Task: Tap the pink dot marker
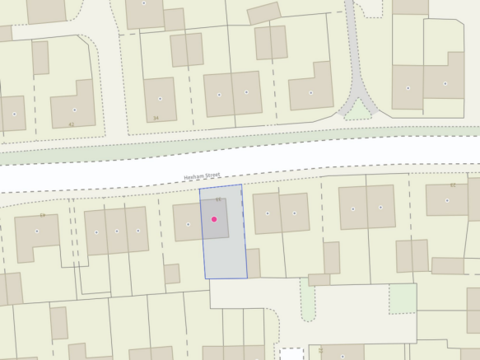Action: click(x=214, y=219)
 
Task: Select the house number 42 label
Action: click(x=71, y=124)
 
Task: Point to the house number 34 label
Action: click(x=156, y=118)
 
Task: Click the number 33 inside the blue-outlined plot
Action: click(x=218, y=199)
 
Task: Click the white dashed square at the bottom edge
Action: click(x=291, y=354)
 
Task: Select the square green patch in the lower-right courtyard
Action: click(x=403, y=297)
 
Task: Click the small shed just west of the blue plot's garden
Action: click(x=171, y=274)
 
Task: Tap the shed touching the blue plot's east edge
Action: click(x=253, y=263)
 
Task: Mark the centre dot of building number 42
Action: click(x=74, y=110)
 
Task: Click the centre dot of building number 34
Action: click(x=161, y=98)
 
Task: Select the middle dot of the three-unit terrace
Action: click(x=117, y=231)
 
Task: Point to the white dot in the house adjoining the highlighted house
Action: click(x=189, y=224)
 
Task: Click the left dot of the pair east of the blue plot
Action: click(x=268, y=214)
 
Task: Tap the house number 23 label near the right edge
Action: click(x=452, y=185)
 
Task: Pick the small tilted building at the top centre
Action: click(x=263, y=12)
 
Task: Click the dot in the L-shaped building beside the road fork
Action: click(x=311, y=93)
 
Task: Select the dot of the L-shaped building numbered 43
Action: click(x=36, y=231)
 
